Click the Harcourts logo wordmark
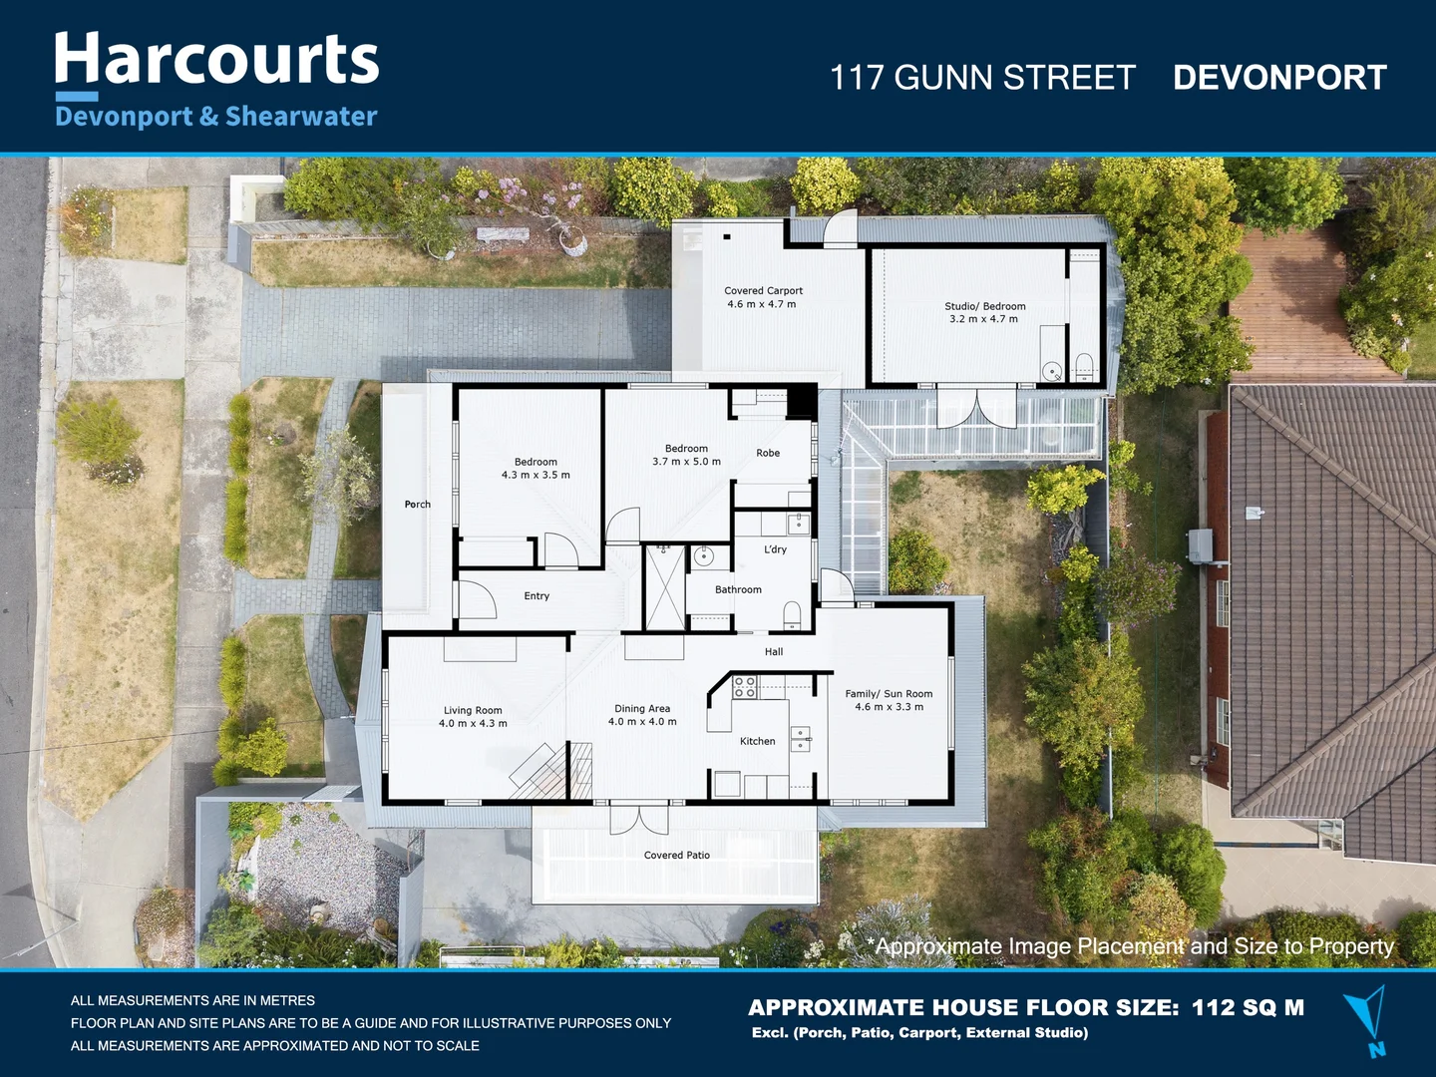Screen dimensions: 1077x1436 [216, 60]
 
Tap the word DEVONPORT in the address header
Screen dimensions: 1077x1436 [1279, 78]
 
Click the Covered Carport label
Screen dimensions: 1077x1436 [763, 291]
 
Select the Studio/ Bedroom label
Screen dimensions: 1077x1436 [984, 306]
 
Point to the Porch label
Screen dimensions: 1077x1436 [418, 505]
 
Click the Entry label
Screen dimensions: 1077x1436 [537, 596]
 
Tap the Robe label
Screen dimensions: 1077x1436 [768, 453]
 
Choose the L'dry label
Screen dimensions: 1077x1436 [775, 549]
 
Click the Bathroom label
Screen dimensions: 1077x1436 [738, 589]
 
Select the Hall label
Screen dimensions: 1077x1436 [774, 652]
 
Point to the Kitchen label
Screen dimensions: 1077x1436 [757, 741]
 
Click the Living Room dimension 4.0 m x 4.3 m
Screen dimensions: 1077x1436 [473, 724]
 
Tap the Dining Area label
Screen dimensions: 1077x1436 [642, 709]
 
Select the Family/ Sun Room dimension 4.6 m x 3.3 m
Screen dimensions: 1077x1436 [889, 707]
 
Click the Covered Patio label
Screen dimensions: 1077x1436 [677, 855]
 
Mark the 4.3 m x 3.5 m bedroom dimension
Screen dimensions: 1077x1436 [536, 476]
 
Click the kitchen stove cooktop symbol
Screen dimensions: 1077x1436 [745, 686]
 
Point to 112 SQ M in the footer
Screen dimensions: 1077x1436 [1248, 1007]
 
